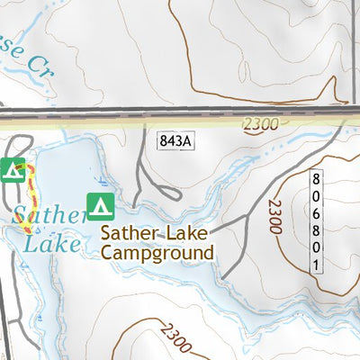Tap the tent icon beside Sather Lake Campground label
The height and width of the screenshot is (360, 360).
coord(100,206)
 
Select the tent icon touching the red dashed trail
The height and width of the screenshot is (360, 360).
coord(13,168)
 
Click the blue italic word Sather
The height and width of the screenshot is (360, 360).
coord(49,215)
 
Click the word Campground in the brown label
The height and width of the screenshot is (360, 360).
coord(157,253)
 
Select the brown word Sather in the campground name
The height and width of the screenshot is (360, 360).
coord(130,234)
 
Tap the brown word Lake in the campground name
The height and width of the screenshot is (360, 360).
coord(188,234)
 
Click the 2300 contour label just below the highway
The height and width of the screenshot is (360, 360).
coord(260,125)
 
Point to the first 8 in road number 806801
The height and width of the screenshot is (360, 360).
coord(316,178)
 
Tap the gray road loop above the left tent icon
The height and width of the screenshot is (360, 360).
coord(20,146)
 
